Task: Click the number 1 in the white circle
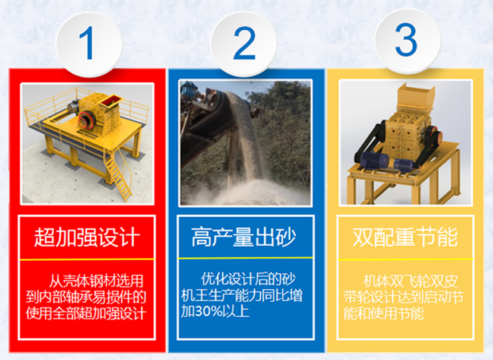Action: [87, 43]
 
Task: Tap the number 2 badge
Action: [244, 43]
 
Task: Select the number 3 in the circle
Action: [406, 40]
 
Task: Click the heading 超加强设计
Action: [87, 237]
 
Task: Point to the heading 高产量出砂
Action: [244, 237]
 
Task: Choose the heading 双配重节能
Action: [405, 237]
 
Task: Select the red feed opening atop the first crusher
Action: [110, 100]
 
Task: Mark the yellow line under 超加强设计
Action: [87, 260]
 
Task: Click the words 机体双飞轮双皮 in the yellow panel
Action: [410, 282]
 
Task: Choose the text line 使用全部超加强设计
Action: [86, 313]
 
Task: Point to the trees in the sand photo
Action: [283, 126]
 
